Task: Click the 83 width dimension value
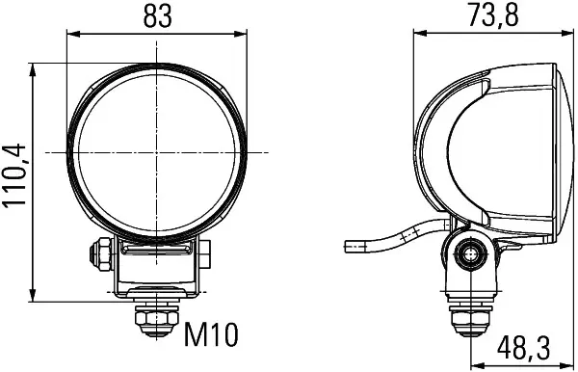click(x=157, y=16)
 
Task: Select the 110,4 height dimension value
click(x=14, y=174)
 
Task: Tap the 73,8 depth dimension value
click(x=493, y=15)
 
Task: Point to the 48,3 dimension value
click(x=523, y=348)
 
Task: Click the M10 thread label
click(x=211, y=334)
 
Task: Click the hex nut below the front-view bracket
click(x=157, y=321)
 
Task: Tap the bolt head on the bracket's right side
click(x=204, y=254)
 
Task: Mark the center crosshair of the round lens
click(x=156, y=152)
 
